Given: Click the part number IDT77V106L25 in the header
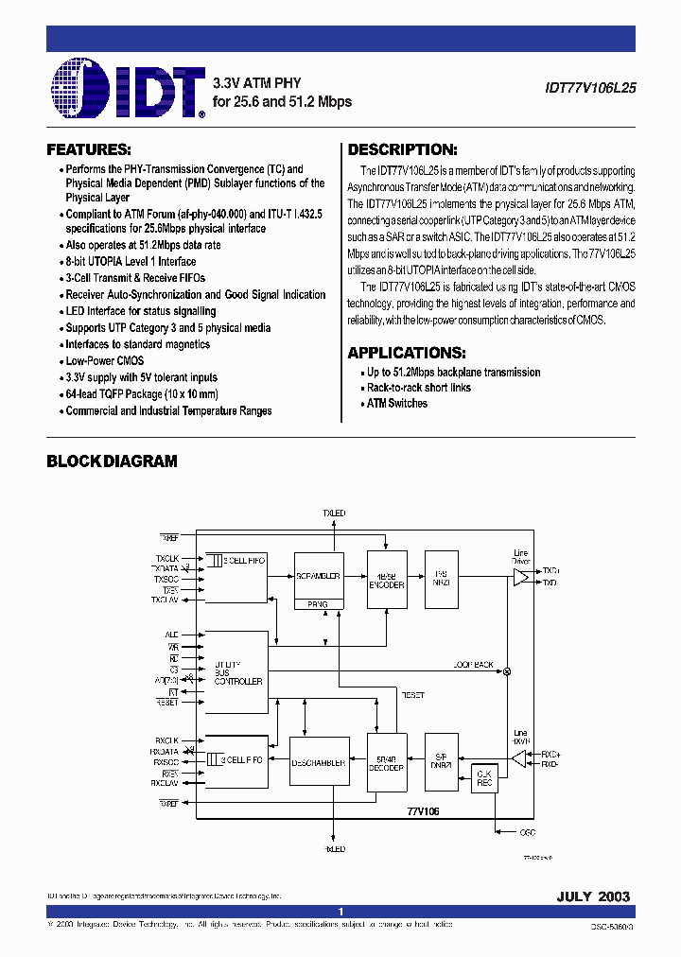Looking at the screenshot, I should point(590,85).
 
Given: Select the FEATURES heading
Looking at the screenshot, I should point(89,149).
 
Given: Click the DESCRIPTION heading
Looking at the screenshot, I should point(402,149).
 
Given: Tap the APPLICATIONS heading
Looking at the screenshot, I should point(406,353).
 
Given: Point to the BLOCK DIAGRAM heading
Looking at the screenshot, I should point(112,461).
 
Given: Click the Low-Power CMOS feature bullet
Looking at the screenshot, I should point(104,361).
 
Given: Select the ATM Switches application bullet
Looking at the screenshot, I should point(397,404).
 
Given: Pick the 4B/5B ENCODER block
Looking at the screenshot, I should point(386,579).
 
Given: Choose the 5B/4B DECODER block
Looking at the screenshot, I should point(386,762).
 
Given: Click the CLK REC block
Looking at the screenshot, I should point(485,777).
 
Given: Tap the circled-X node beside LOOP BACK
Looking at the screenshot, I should point(506,671).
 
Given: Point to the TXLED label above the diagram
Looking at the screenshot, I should point(335,513).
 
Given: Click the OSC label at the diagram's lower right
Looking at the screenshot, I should point(528,833).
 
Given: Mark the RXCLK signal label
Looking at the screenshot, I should point(167,739).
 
